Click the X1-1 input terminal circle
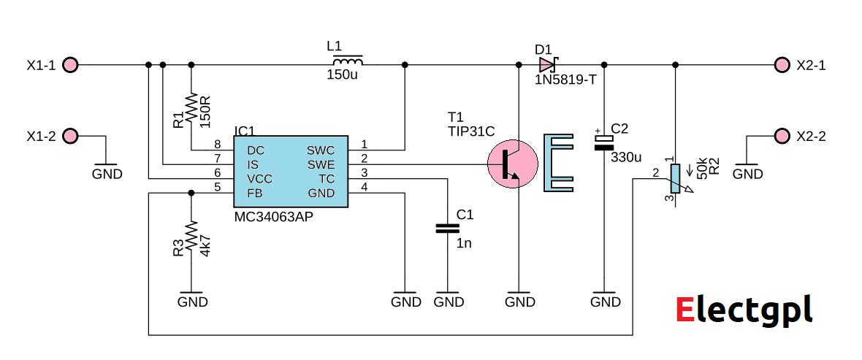70,65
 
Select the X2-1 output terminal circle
782,65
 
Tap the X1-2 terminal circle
70,136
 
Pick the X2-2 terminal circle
782,136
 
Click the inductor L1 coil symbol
345,62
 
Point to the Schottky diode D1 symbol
548,65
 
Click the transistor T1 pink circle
512,165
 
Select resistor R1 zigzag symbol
191,108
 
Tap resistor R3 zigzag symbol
191,237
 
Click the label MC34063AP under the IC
274,218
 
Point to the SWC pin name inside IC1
321,150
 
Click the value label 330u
625,157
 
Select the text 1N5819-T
565,80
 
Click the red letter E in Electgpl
684,310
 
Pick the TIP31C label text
471,131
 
